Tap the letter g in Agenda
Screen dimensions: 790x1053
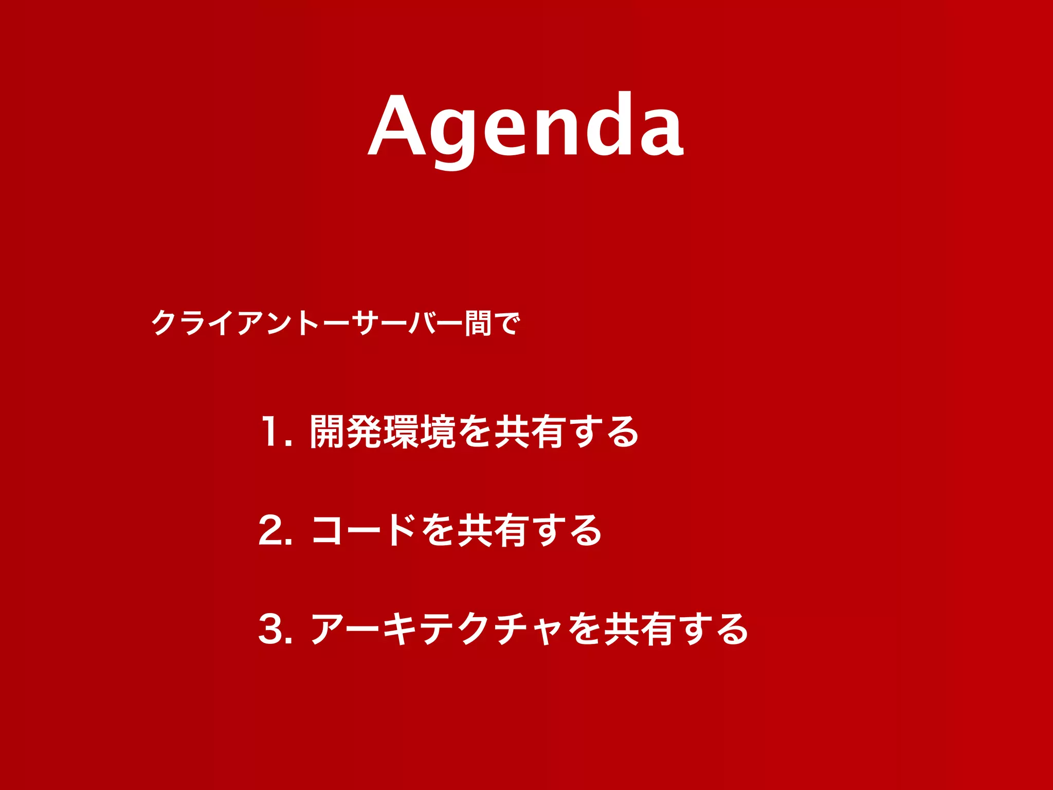tap(454, 135)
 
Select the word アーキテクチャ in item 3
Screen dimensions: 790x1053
tap(438, 629)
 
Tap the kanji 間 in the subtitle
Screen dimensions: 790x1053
tap(478, 323)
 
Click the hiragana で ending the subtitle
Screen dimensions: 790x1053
tap(506, 323)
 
